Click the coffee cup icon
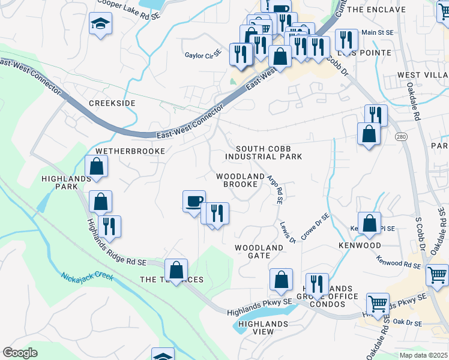click(x=194, y=201)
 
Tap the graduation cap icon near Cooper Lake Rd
click(x=100, y=24)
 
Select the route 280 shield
click(x=401, y=137)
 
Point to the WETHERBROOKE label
click(x=130, y=151)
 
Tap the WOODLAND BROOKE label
click(x=241, y=180)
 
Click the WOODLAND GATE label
click(x=259, y=251)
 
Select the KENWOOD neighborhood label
click(x=360, y=245)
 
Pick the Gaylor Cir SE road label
click(x=203, y=55)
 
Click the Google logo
click(x=20, y=352)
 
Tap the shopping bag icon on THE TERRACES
click(x=176, y=269)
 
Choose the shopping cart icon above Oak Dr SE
click(x=378, y=303)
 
